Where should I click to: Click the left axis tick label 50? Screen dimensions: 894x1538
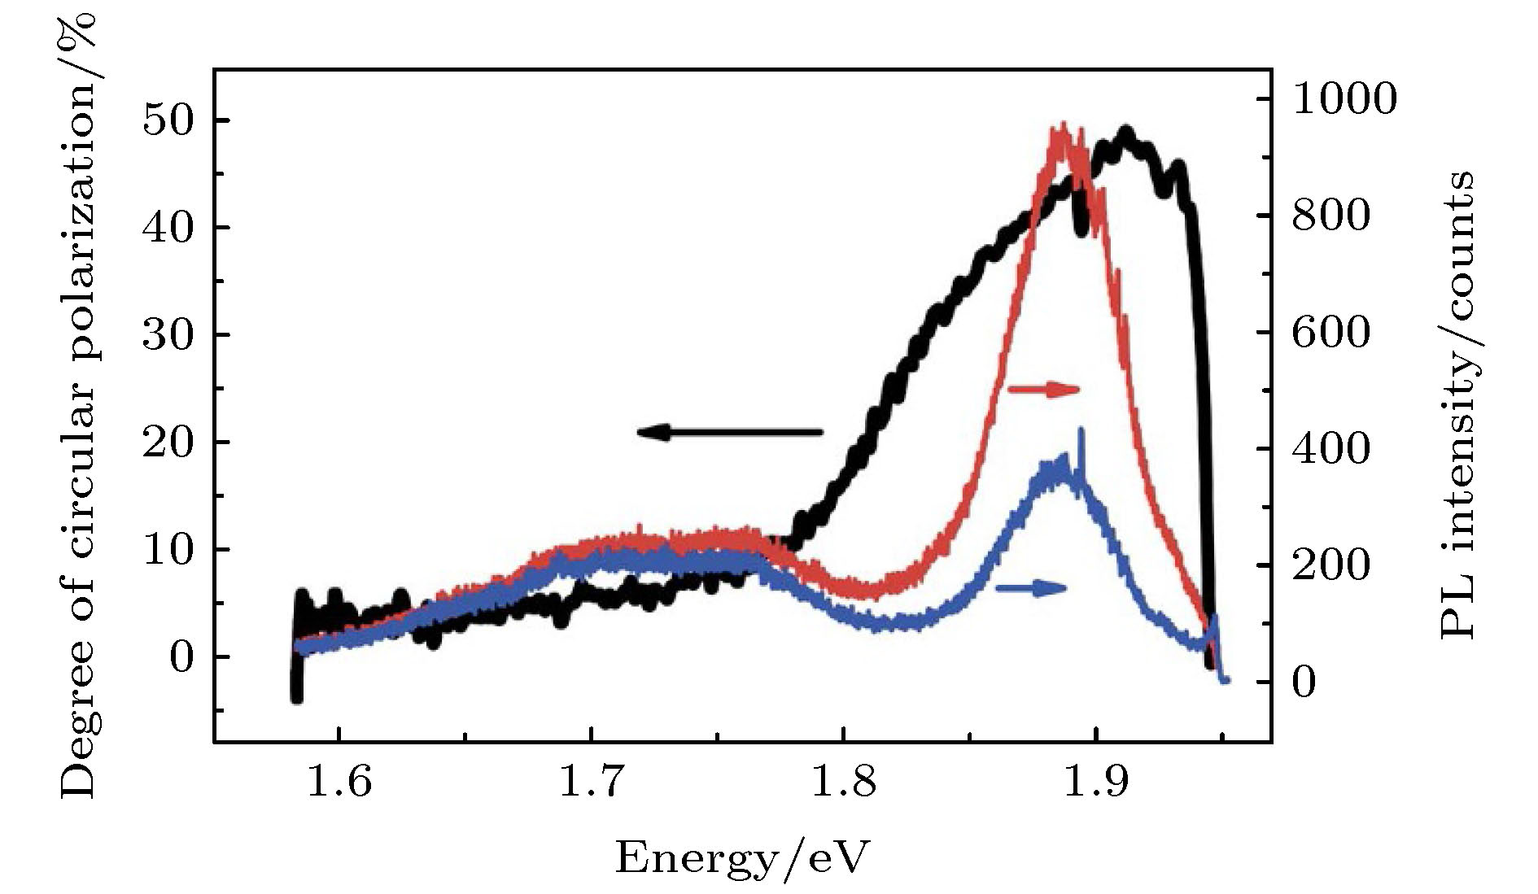[169, 120]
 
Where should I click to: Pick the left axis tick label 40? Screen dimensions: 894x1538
[169, 228]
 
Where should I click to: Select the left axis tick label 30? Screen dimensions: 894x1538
[169, 335]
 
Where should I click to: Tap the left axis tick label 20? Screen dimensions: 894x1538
[169, 443]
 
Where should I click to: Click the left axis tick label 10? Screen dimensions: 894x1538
[169, 550]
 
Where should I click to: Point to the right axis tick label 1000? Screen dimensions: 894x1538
[1344, 99]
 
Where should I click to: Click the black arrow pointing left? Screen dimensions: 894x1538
[729, 432]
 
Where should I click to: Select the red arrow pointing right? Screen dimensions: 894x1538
[1043, 389]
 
